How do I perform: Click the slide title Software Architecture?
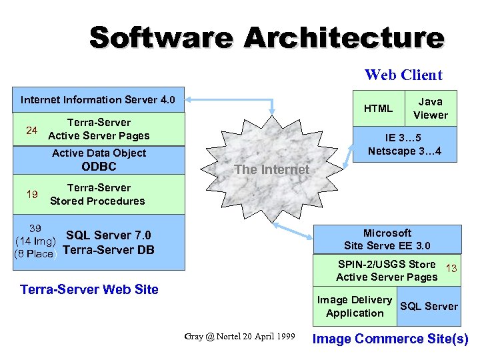pyautogui.click(x=266, y=37)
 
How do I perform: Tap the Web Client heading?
pyautogui.click(x=403, y=75)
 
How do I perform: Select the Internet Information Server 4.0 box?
pyautogui.click(x=98, y=100)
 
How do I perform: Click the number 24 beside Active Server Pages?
pyautogui.click(x=31, y=130)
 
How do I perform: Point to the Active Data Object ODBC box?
pyautogui.click(x=99, y=160)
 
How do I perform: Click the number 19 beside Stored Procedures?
pyautogui.click(x=31, y=195)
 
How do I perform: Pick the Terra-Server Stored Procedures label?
pyautogui.click(x=98, y=195)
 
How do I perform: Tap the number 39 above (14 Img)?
pyautogui.click(x=35, y=228)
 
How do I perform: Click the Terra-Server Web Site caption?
pyautogui.click(x=89, y=289)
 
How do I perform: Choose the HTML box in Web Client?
pyautogui.click(x=378, y=108)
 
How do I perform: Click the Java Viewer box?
pyautogui.click(x=430, y=108)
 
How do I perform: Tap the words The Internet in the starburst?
pyautogui.click(x=271, y=169)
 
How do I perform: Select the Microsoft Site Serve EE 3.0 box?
pyautogui.click(x=387, y=239)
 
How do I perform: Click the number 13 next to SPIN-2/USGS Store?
pyautogui.click(x=451, y=269)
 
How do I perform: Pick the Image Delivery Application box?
pyautogui.click(x=355, y=307)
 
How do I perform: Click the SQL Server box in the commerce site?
pyautogui.click(x=429, y=307)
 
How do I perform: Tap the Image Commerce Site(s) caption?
pyautogui.click(x=391, y=339)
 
